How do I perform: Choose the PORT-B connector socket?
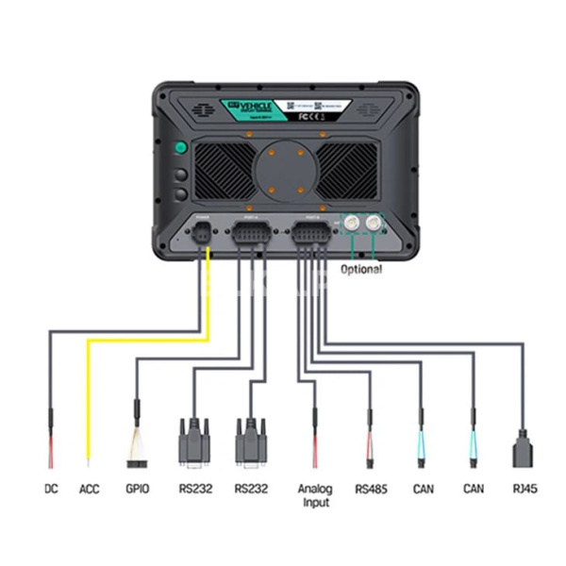(312, 235)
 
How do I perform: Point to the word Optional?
(360, 269)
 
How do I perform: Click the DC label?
(51, 490)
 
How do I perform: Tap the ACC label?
(90, 490)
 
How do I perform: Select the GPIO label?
(138, 490)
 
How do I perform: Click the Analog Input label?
(315, 496)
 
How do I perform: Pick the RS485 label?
(370, 490)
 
